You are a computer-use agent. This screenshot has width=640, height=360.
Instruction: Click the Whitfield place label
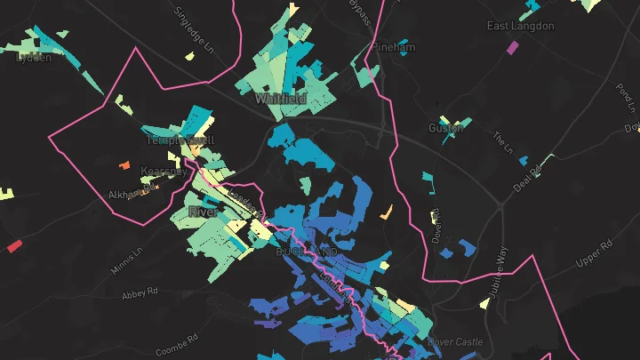point(280,99)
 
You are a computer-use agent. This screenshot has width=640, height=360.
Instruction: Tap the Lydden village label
point(34,57)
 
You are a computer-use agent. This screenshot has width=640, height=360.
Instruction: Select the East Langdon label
point(521,27)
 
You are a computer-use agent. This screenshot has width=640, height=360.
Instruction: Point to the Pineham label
point(394,47)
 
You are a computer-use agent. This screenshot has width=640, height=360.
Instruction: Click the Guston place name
point(446,128)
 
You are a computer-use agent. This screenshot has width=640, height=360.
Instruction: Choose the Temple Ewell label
point(180,140)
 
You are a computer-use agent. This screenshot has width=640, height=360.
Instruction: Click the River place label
point(203,212)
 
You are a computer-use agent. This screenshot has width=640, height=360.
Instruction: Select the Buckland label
point(308,253)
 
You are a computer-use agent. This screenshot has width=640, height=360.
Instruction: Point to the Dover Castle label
point(453,341)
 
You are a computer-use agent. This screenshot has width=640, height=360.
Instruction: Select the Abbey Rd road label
point(139,291)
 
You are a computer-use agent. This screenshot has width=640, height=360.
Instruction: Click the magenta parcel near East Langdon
point(512,47)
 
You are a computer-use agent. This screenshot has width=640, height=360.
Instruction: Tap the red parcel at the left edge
point(14,246)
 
